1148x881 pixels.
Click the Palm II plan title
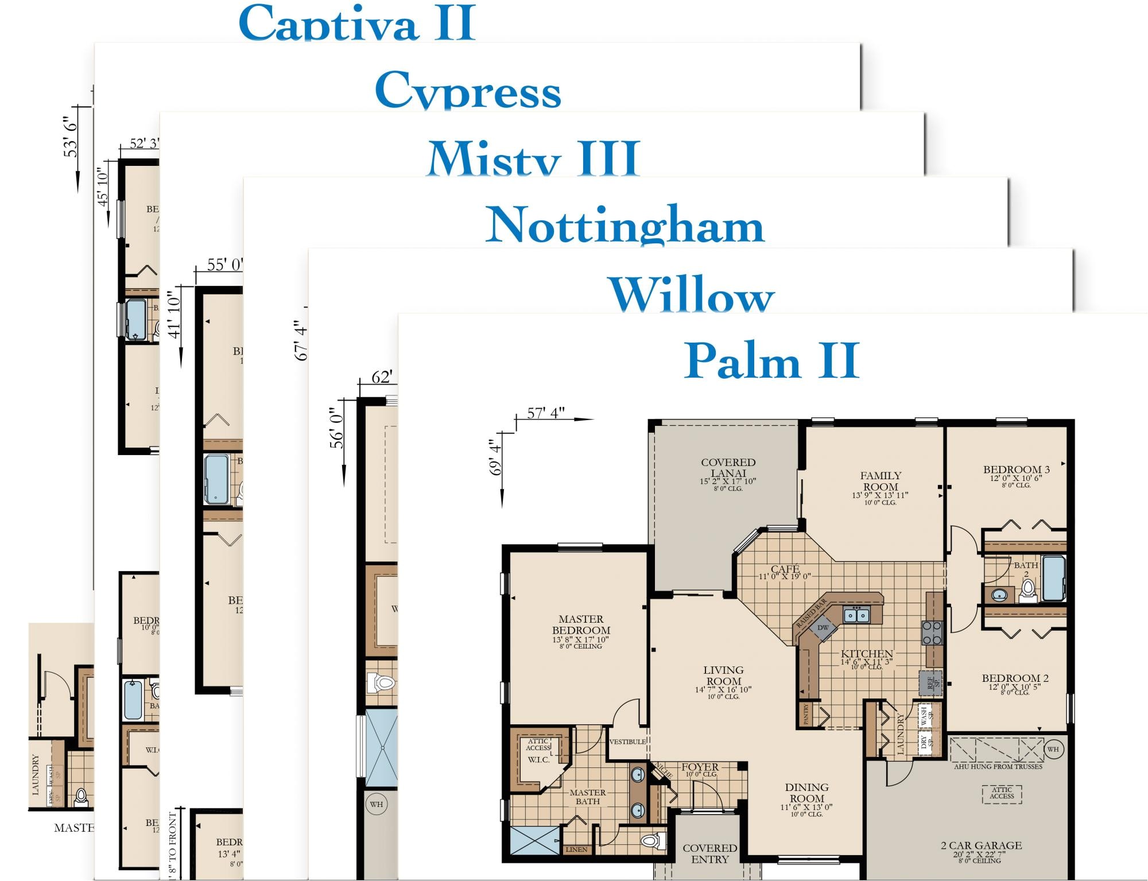(x=771, y=360)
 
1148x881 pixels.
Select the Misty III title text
(x=533, y=158)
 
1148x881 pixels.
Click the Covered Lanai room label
(x=728, y=468)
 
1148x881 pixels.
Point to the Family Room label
(x=881, y=482)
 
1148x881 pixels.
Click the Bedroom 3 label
(x=1016, y=470)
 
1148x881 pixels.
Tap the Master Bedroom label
(x=581, y=625)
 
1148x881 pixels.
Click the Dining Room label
(x=806, y=793)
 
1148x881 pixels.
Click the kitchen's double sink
(x=856, y=615)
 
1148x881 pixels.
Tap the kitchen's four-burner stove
(x=932, y=632)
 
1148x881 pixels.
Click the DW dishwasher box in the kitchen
(x=823, y=627)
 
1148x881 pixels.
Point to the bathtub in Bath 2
(x=1054, y=578)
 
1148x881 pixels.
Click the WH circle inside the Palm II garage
(x=1053, y=749)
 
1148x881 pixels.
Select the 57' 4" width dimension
(x=545, y=413)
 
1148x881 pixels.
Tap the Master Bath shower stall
(x=534, y=841)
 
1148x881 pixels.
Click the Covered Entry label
(x=709, y=853)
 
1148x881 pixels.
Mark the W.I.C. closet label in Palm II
(x=538, y=760)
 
